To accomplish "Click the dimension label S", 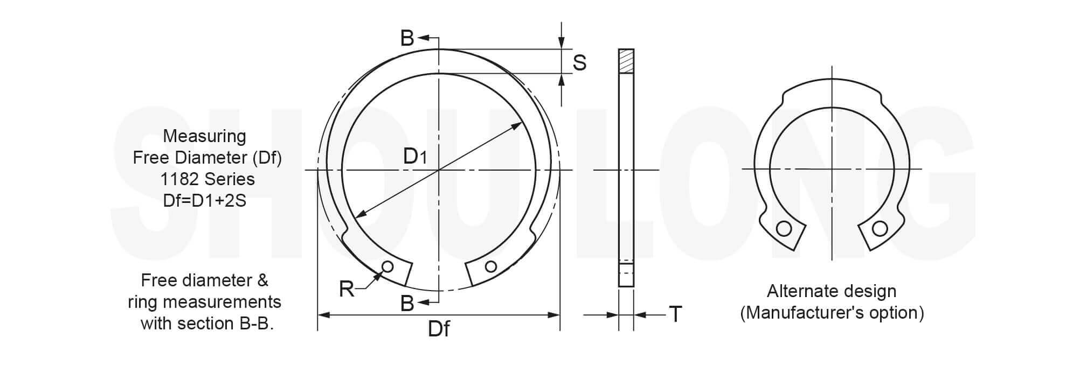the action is (579, 63).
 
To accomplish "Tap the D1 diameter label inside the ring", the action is (415, 156).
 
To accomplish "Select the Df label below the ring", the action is (439, 328).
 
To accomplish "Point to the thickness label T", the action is (675, 313).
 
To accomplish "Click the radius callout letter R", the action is (347, 289).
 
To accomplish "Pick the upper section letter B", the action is (407, 38).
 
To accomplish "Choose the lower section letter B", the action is (407, 304).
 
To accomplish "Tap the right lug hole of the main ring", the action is (490, 266).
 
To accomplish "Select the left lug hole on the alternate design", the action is (784, 229).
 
